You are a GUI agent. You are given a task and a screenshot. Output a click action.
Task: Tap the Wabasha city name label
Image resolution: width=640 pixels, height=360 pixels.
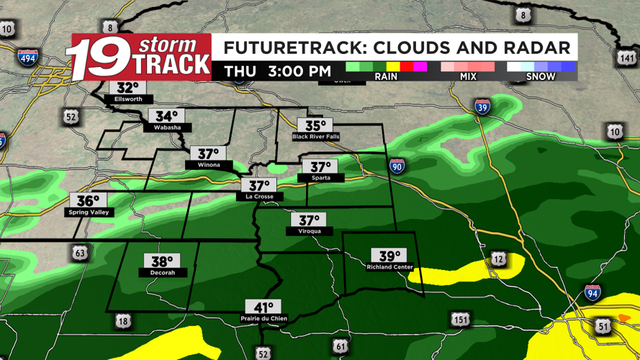click(167, 127)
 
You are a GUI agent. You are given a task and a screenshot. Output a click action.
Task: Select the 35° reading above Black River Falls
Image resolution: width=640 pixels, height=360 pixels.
click(316, 125)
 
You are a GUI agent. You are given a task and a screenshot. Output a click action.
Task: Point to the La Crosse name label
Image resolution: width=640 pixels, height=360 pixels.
click(259, 197)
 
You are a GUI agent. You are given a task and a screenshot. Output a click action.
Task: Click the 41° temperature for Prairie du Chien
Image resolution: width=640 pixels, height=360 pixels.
click(263, 307)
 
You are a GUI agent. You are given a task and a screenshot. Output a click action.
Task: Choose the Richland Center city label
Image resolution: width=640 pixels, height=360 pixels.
click(389, 267)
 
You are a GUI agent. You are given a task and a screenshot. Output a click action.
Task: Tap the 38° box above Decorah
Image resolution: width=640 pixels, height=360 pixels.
click(162, 261)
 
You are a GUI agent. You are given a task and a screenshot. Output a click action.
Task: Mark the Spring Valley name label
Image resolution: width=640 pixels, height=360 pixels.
click(88, 212)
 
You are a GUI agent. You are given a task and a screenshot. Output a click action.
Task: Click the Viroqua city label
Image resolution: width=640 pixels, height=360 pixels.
click(309, 231)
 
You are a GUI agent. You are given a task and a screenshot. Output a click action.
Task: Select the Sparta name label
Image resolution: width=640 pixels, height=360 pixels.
click(321, 178)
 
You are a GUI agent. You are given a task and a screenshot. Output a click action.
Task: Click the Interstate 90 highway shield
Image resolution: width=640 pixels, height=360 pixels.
click(397, 166)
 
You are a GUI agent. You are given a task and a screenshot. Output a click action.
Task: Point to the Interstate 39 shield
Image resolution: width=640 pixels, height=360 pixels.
click(482, 108)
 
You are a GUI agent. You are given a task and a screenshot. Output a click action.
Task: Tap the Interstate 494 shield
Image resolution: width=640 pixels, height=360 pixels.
click(27, 58)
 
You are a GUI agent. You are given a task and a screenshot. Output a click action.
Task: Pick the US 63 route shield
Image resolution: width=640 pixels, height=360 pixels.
click(80, 253)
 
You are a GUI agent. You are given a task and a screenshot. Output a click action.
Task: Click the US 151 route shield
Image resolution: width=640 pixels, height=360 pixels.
click(461, 319)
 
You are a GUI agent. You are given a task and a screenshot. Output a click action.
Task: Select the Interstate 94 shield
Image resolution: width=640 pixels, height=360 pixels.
click(592, 292)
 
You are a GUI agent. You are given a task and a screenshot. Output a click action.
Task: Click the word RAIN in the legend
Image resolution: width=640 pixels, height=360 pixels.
click(386, 76)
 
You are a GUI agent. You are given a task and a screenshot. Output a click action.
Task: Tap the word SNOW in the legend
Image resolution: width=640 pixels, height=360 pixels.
click(541, 76)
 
